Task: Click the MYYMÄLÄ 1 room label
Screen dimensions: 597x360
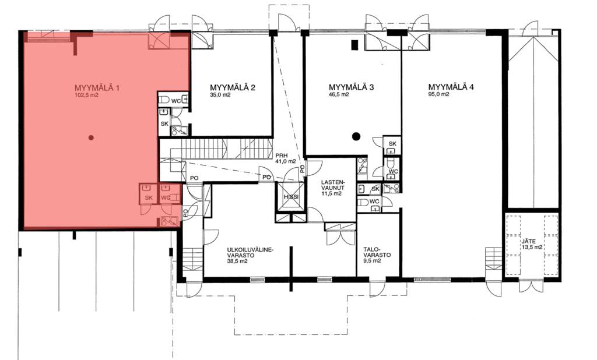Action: (97, 88)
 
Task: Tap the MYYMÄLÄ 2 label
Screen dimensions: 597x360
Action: (233, 87)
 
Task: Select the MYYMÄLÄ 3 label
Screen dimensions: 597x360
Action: (351, 87)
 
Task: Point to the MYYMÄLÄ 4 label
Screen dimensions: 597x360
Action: (451, 87)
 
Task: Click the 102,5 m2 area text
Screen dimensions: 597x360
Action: (87, 96)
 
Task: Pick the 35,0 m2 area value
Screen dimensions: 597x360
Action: (220, 95)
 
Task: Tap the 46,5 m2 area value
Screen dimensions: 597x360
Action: (339, 94)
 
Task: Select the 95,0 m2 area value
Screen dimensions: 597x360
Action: (438, 94)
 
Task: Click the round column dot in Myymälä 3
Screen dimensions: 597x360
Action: (356, 136)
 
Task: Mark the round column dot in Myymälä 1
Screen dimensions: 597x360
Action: (91, 137)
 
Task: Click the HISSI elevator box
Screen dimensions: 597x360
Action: (291, 196)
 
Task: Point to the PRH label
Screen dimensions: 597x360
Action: (282, 155)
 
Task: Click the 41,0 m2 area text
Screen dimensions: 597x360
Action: (286, 161)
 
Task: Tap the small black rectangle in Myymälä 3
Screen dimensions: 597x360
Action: (354, 45)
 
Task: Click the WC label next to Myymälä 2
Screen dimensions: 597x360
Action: (176, 101)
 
